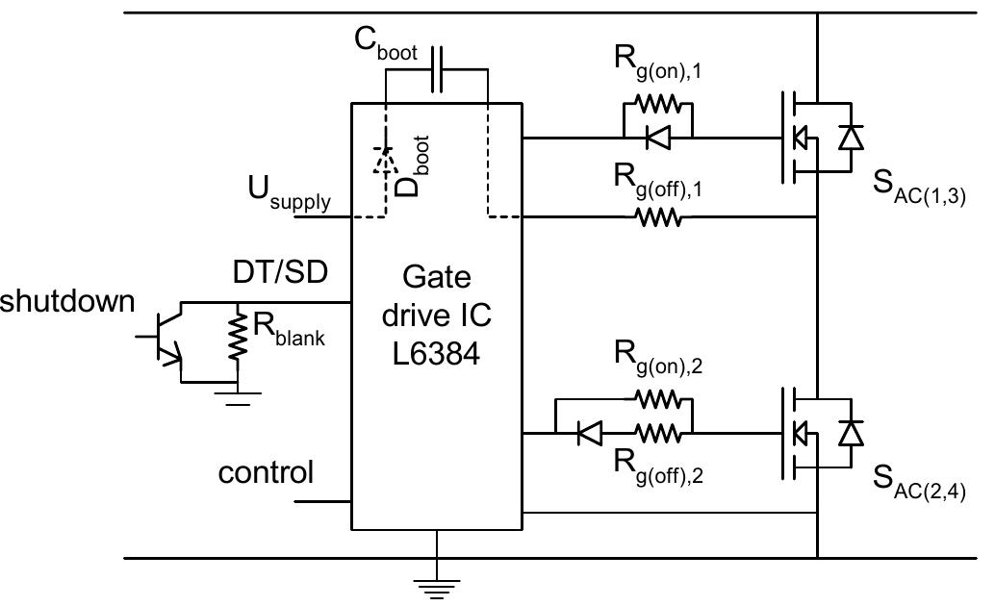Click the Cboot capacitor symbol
click(x=437, y=69)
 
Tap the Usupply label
click(x=290, y=197)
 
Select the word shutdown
click(x=67, y=301)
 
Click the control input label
click(x=266, y=473)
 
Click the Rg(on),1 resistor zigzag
click(x=659, y=103)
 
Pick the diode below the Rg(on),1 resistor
click(x=659, y=138)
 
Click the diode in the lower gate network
click(x=589, y=434)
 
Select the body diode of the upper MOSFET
click(x=850, y=139)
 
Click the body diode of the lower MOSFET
click(x=850, y=434)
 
